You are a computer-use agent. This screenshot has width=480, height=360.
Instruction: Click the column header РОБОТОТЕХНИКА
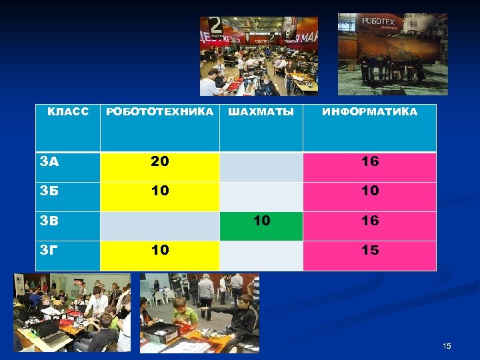160,112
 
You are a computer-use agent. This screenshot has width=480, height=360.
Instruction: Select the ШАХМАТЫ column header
261,112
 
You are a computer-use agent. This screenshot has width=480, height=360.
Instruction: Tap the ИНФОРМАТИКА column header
369,112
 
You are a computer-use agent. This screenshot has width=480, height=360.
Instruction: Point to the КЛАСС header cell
68,111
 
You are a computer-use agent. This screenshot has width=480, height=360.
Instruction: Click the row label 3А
50,161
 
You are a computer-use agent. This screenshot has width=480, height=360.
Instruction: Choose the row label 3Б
50,191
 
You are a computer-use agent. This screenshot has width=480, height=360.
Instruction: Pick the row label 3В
50,220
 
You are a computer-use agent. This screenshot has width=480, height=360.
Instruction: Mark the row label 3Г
50,250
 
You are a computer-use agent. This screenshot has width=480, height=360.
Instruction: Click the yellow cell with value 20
160,161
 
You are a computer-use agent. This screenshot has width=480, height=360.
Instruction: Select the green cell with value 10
261,220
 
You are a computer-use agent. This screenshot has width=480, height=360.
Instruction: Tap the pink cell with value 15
369,250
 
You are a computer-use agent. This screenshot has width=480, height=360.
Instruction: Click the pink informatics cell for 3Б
369,191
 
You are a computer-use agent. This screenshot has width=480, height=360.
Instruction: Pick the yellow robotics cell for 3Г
160,250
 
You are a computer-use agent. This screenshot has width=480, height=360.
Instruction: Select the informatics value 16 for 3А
369,161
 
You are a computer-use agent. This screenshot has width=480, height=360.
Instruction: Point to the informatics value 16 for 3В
369,220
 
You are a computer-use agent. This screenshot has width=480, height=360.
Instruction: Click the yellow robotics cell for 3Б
160,191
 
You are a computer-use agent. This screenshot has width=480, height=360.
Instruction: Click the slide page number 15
447,346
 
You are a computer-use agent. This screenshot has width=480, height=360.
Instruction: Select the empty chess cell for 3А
261,167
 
